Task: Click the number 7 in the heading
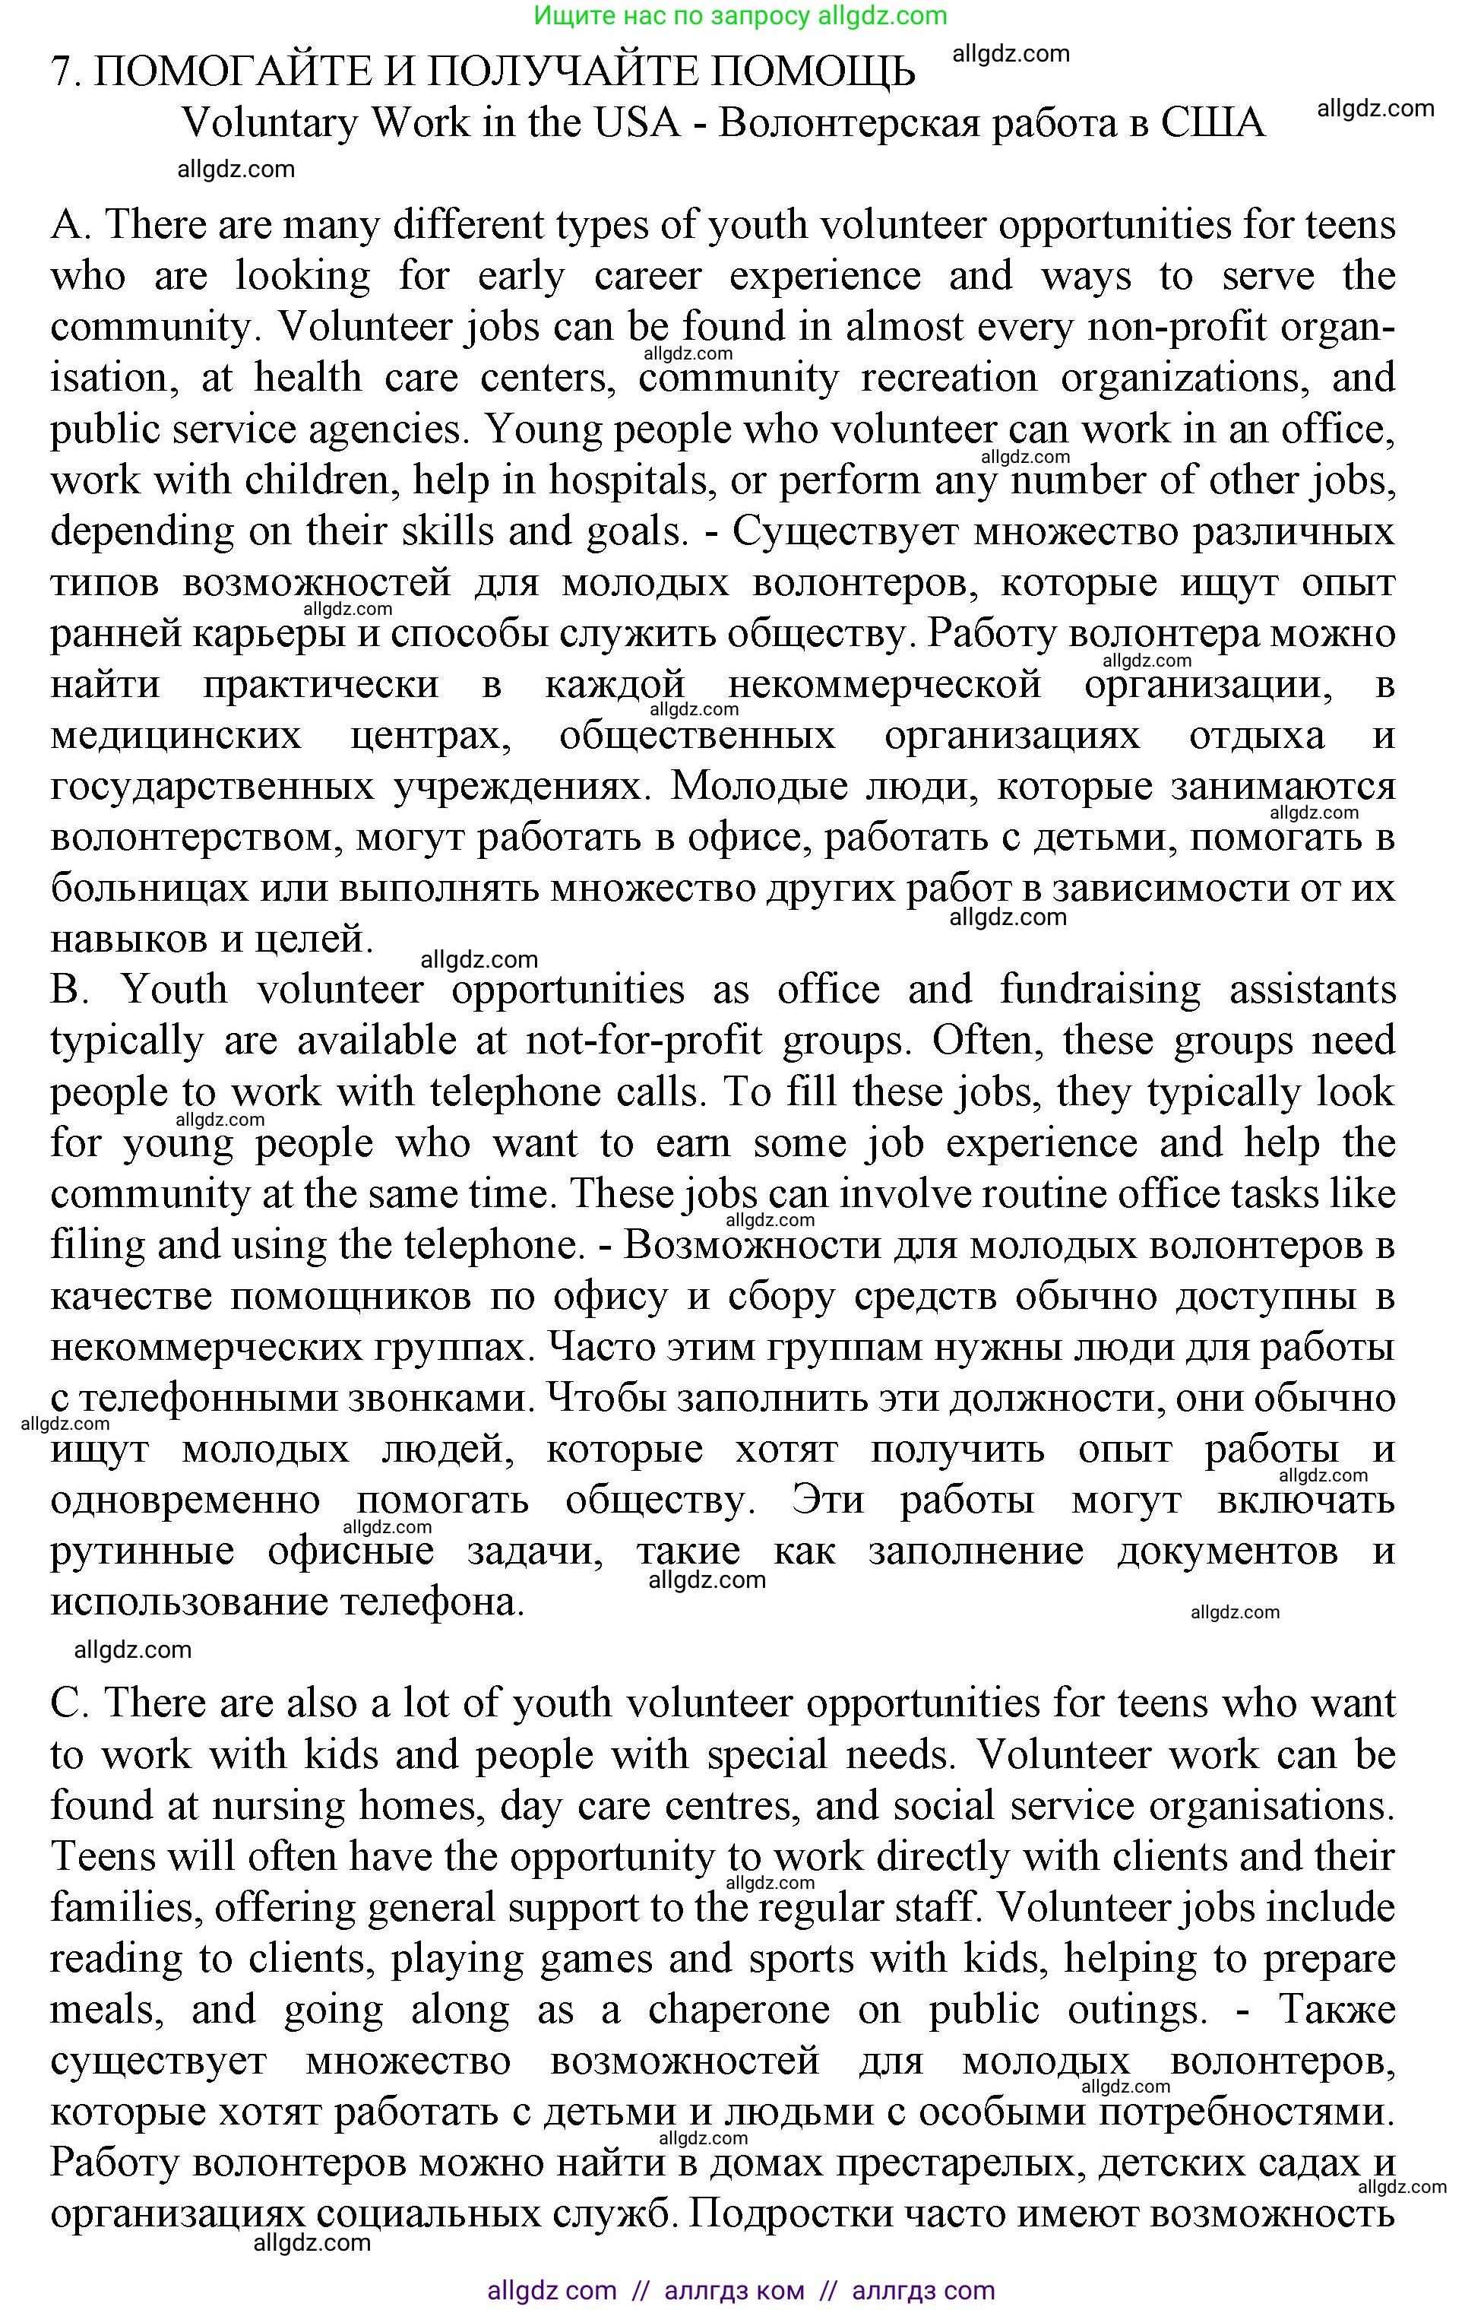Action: coord(62,73)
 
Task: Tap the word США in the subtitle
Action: coord(1211,123)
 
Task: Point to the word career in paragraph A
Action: coord(647,277)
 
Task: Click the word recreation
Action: coord(949,379)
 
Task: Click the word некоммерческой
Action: coord(884,685)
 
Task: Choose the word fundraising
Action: coord(1100,990)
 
